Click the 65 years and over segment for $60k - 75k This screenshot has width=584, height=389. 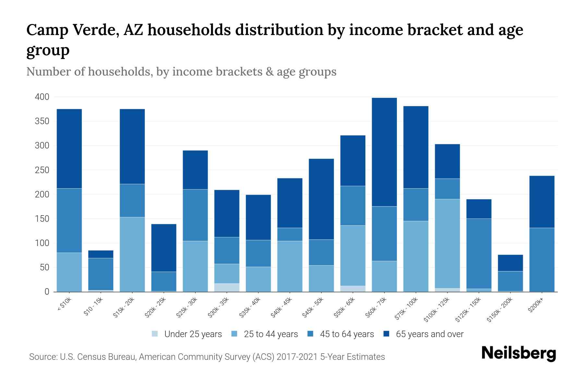[x=384, y=152]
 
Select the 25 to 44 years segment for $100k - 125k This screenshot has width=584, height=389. [x=447, y=243]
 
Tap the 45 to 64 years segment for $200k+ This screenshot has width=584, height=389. [x=542, y=260]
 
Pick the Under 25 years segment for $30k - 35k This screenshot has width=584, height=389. [x=227, y=288]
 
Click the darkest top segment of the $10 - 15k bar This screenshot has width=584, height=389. [x=101, y=254]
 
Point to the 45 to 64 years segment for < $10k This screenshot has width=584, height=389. [x=69, y=220]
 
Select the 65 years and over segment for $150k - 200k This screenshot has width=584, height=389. [x=510, y=263]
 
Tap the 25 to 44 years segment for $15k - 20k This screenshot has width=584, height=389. [x=132, y=254]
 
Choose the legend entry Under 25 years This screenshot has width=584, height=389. [x=193, y=334]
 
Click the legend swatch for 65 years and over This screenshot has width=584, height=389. [x=386, y=334]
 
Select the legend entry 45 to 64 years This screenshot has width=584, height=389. [x=347, y=334]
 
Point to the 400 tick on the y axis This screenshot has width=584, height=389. [x=42, y=97]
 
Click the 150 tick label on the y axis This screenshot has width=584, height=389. [x=42, y=219]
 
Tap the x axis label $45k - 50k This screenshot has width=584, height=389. [x=313, y=308]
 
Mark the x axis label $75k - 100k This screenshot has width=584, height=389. [x=407, y=309]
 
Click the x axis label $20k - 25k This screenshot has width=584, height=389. [x=155, y=308]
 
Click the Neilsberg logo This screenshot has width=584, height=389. [x=518, y=353]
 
